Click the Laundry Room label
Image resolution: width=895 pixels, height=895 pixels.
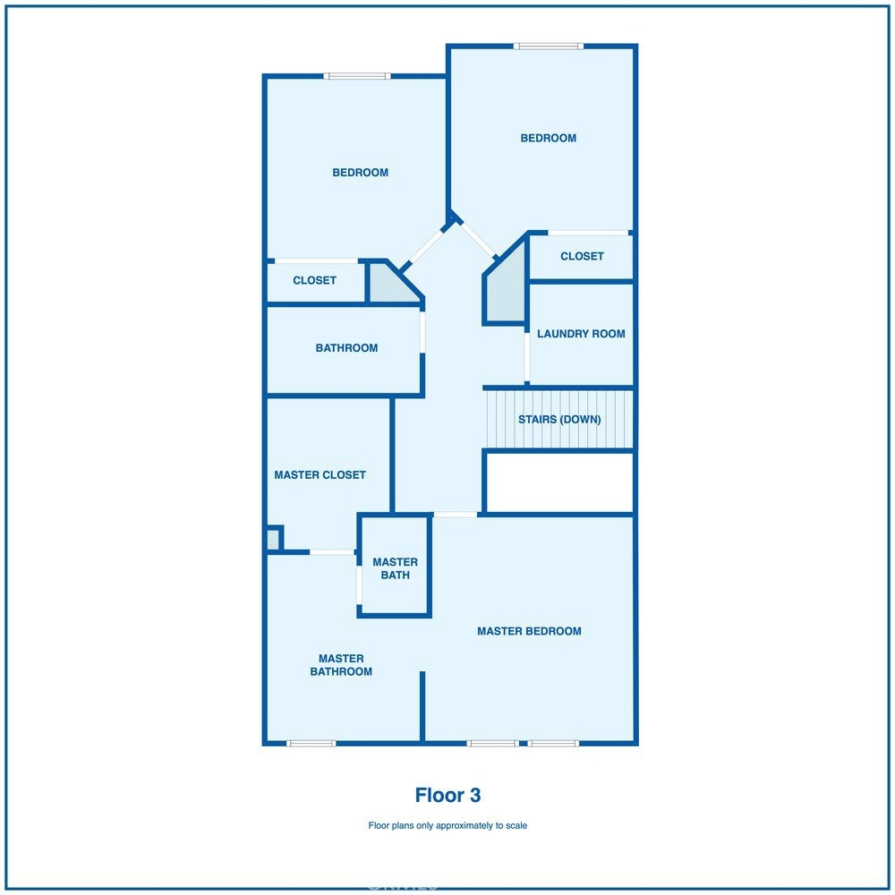coord(581,334)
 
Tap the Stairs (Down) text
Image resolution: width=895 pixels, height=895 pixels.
coord(559,420)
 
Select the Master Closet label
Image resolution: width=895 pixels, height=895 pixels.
coord(320,475)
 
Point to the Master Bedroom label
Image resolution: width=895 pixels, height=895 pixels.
coord(529,631)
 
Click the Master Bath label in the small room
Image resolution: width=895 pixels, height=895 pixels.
coord(395,568)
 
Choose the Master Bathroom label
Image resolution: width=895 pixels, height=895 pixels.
coord(341,665)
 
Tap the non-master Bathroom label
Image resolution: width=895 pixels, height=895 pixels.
coord(346,348)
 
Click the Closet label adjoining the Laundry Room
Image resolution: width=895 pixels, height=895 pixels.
coord(582,256)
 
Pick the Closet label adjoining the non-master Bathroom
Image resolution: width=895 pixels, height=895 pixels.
coord(314,280)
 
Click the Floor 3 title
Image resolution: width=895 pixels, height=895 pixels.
coord(447,795)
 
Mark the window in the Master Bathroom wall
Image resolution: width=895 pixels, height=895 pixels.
coord(311,743)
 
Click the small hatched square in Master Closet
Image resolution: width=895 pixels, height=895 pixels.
coord(272,540)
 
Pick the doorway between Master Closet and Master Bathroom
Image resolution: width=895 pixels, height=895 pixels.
coord(333,552)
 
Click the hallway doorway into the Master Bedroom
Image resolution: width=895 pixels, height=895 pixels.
coord(455,515)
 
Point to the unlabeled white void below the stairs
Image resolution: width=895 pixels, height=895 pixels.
coord(558,482)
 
